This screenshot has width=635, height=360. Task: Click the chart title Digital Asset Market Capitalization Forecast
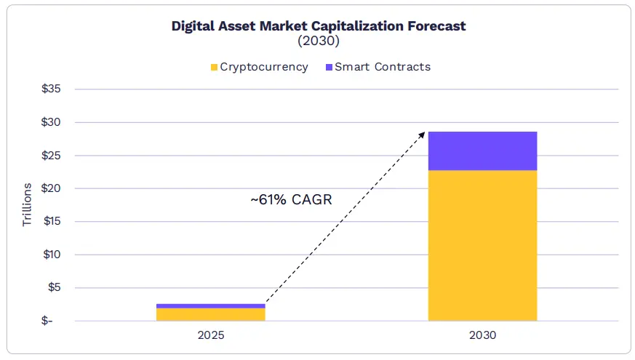pos(319,26)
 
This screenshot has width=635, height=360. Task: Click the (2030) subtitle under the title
pos(319,41)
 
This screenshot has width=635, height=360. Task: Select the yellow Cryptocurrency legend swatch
pos(214,68)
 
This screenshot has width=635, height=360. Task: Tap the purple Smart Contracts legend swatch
pos(329,68)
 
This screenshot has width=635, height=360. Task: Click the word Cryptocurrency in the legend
pos(264,67)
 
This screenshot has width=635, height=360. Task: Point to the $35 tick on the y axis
pos(51,89)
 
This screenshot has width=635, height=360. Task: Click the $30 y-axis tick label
pos(51,122)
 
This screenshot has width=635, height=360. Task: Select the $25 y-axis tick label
pos(51,156)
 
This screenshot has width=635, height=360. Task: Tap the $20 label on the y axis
pos(51,188)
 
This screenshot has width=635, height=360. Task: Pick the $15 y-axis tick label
pos(51,222)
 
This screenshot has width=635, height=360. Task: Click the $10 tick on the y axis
pos(51,255)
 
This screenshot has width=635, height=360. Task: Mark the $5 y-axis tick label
pos(54,288)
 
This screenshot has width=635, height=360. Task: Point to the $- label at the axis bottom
pos(55,321)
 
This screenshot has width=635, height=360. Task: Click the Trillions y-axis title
pos(28,205)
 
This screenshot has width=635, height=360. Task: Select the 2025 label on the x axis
pos(211,336)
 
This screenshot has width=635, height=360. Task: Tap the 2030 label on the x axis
pos(482,336)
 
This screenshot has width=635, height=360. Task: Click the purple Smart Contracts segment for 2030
pos(482,151)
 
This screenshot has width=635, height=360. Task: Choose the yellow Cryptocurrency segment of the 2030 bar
pos(482,245)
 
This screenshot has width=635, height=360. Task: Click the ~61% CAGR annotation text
pos(291,199)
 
